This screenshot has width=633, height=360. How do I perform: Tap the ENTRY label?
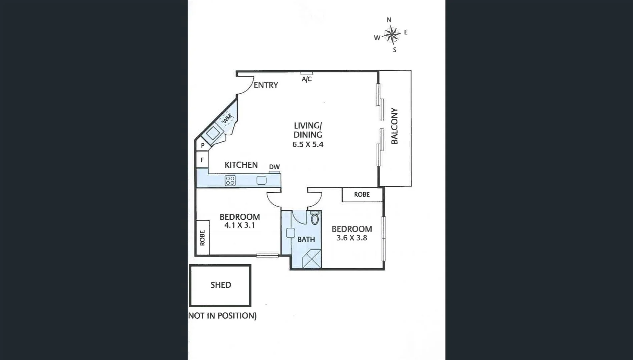[x=266, y=85]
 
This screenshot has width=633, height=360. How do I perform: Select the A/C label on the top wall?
[x=306, y=79]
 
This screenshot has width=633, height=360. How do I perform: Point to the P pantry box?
[x=202, y=146]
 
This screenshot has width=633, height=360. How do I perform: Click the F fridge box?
[x=202, y=160]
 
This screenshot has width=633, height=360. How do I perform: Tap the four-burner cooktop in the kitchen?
[x=230, y=181]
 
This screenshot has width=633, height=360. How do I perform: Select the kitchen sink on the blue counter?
[x=261, y=181]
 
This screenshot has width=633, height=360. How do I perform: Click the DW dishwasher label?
[x=274, y=167]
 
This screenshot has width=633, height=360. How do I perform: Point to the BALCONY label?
[x=395, y=126]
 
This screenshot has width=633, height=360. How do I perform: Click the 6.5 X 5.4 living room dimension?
[x=307, y=145]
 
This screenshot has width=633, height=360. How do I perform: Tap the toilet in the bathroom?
[x=314, y=218]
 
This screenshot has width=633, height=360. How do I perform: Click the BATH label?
[x=306, y=239]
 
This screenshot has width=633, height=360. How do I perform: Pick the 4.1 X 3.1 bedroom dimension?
[x=239, y=225]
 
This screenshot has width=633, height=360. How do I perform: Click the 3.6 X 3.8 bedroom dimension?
[x=352, y=238]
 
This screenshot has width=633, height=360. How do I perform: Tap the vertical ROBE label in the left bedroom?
[x=202, y=238]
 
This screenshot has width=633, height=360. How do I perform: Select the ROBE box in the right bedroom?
[x=362, y=194]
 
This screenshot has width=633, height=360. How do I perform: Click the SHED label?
[x=220, y=285]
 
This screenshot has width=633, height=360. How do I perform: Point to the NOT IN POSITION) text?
[x=222, y=316]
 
